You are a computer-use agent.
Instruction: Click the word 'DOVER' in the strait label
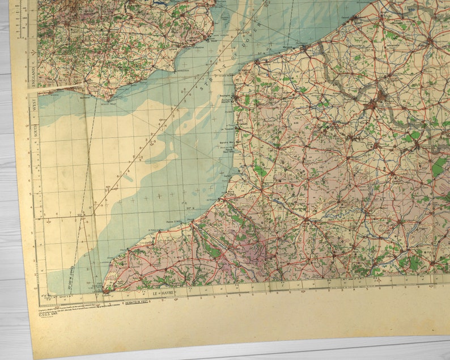(254, 35)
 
